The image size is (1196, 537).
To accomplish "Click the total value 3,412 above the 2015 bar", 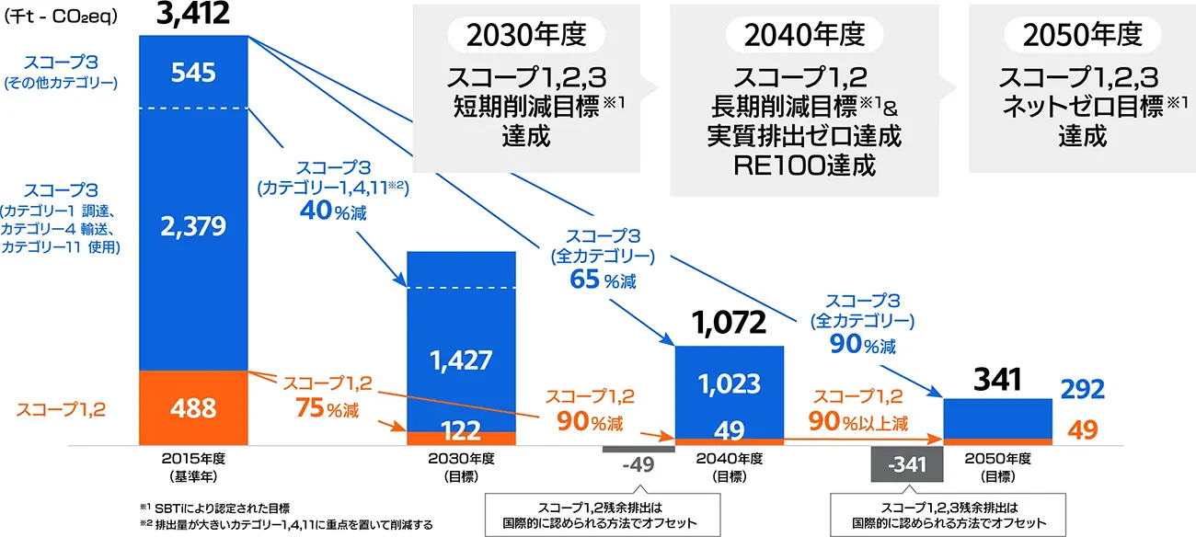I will pyautogui.click(x=193, y=15).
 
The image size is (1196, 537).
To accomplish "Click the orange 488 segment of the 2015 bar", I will pyautogui.click(x=193, y=407).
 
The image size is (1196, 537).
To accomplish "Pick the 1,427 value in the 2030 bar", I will pyautogui.click(x=461, y=359).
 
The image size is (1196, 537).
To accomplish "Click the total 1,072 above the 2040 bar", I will pyautogui.click(x=729, y=323).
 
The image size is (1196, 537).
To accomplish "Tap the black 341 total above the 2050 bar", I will pyautogui.click(x=998, y=378).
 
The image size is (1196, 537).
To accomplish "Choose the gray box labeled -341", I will pyautogui.click(x=907, y=464).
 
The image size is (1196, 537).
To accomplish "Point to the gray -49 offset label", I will pyautogui.click(x=638, y=463).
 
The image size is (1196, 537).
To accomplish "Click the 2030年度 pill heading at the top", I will pyautogui.click(x=526, y=35).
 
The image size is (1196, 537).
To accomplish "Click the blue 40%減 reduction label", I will pyautogui.click(x=333, y=211).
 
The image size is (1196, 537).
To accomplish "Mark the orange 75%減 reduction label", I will pyautogui.click(x=316, y=407).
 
